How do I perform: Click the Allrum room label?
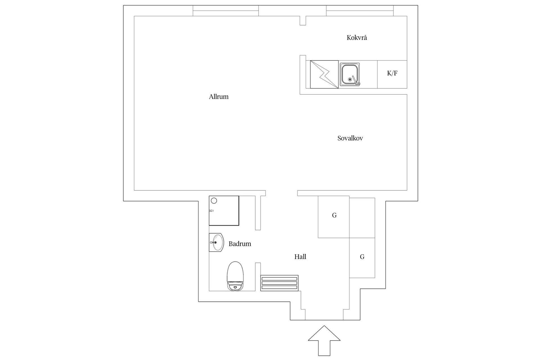coord(219,97)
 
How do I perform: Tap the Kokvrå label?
coord(357,38)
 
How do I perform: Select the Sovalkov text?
coord(350,138)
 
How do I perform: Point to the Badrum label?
coord(240,244)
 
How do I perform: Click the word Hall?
coord(300,257)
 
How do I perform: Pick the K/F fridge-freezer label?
coord(392,73)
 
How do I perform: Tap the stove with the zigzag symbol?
coord(324,74)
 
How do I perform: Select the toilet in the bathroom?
coord(235,276)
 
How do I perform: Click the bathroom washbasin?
coord(216,242)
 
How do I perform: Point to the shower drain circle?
coord(214,201)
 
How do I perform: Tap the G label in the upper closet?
coord(334,215)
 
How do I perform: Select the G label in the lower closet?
coord(362,257)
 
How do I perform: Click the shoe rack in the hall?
coord(279,283)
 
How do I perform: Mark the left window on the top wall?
coord(226,11)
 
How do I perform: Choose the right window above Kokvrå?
coord(360,11)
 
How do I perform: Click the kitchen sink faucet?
coord(356,80)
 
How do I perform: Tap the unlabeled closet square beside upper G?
coord(362,218)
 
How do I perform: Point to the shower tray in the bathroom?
coord(224,211)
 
